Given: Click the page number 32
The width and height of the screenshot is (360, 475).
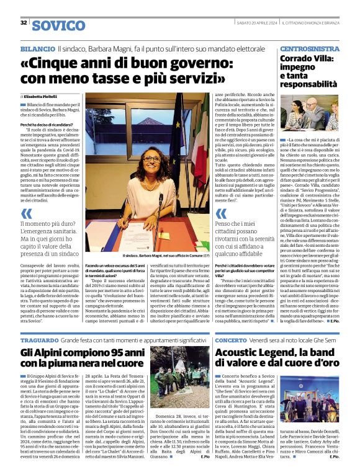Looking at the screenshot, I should point(23,22).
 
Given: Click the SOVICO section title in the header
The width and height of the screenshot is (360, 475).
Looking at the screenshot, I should point(58,25).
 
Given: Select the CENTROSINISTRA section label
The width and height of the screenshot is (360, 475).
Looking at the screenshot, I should point(309,48).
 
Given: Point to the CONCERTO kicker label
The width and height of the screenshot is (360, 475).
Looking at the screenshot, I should point(231,340).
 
